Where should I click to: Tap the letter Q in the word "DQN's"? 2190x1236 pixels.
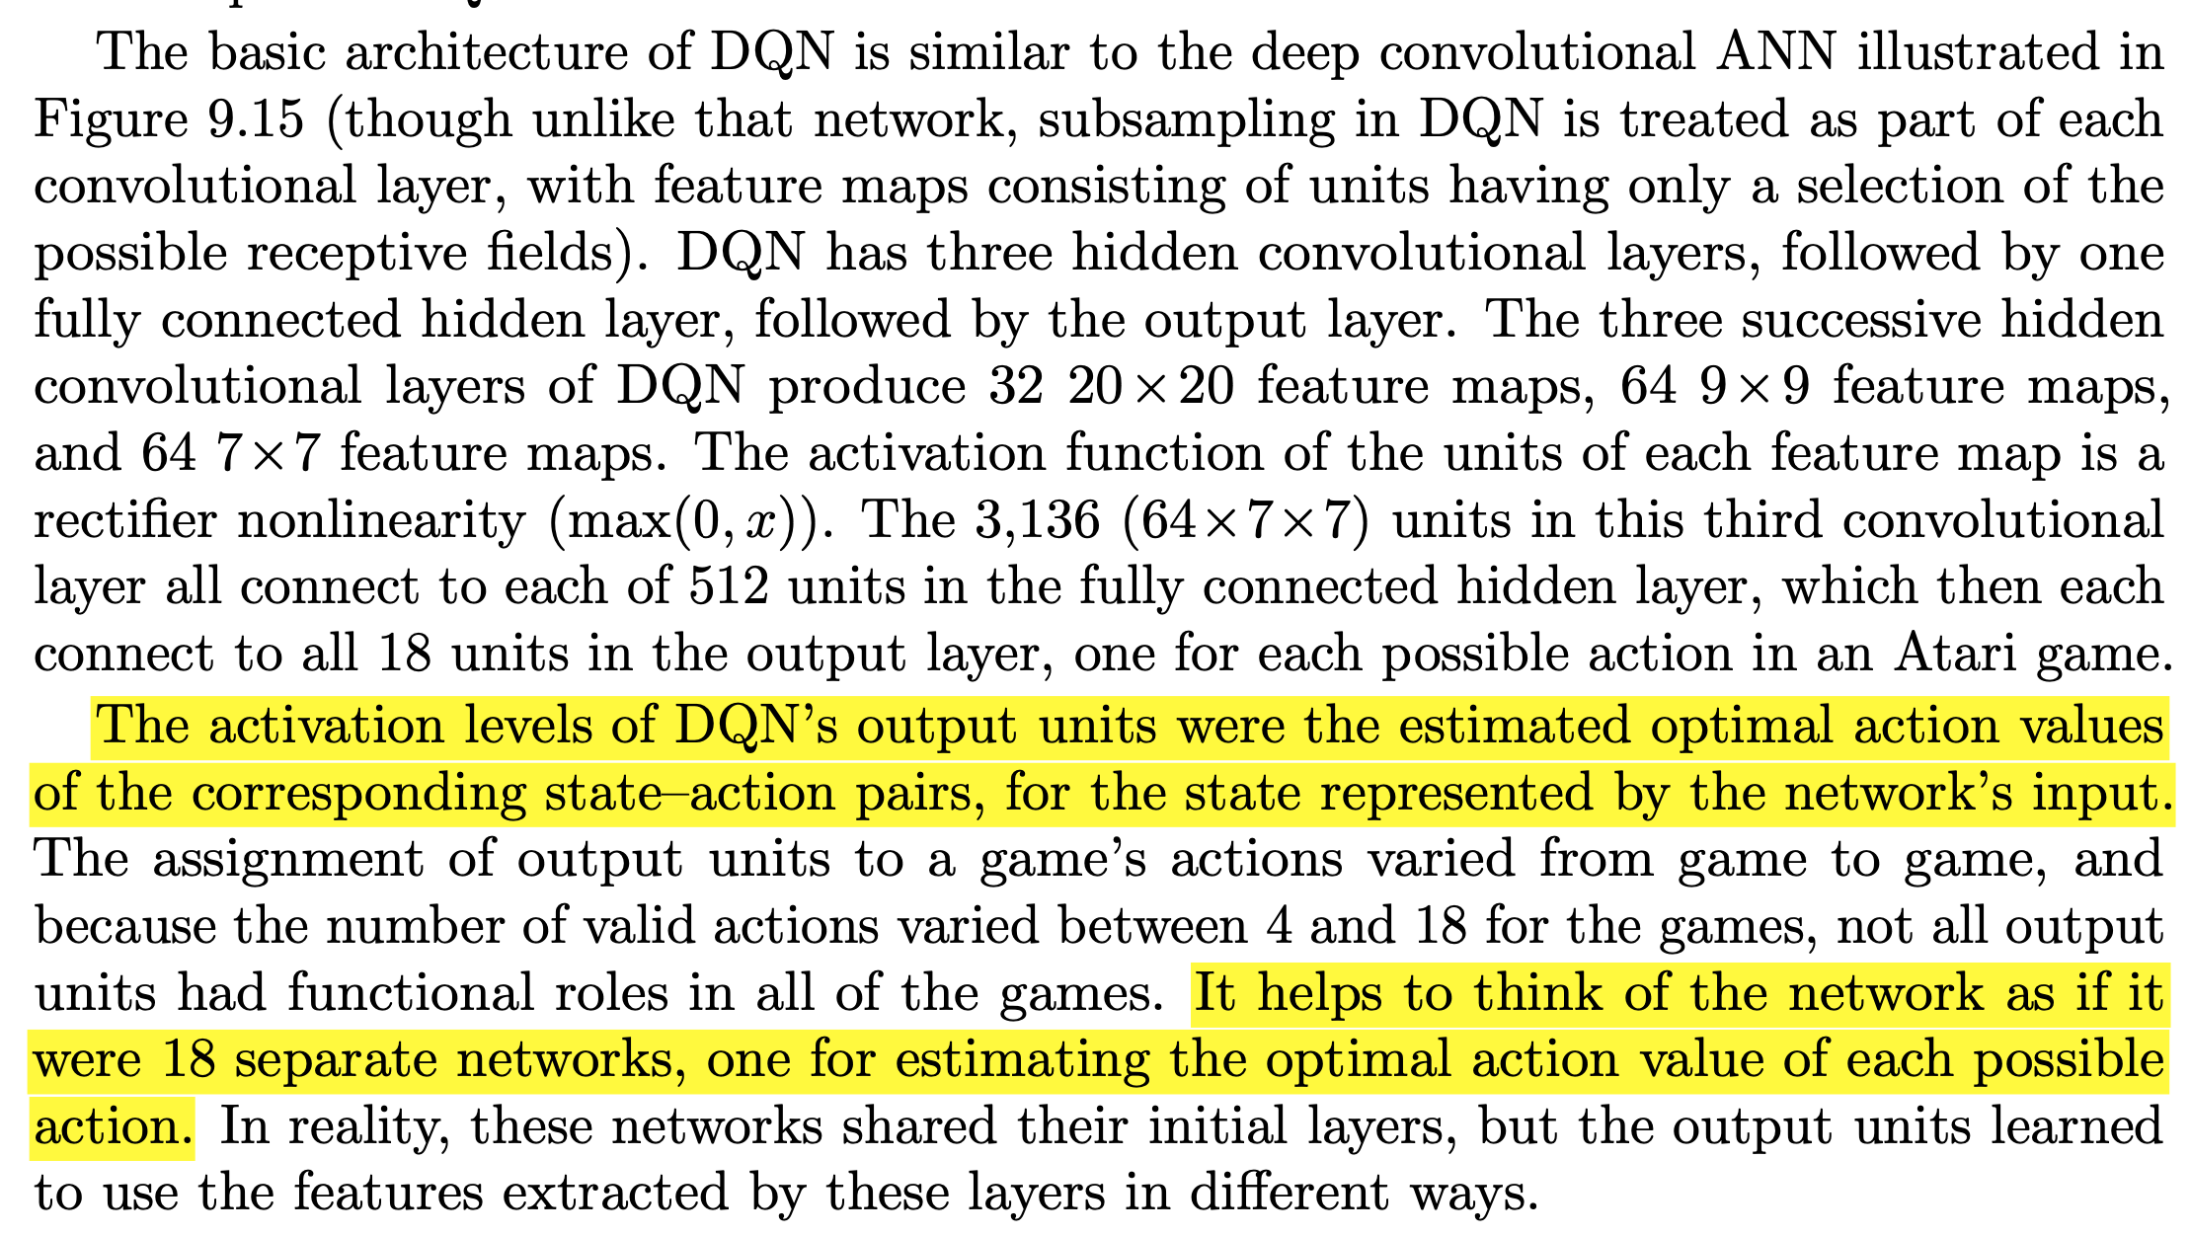pos(736,727)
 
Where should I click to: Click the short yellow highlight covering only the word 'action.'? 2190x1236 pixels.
pos(113,1126)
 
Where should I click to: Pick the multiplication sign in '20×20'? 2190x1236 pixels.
pos(1151,388)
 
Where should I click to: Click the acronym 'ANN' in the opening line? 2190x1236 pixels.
pos(1775,52)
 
